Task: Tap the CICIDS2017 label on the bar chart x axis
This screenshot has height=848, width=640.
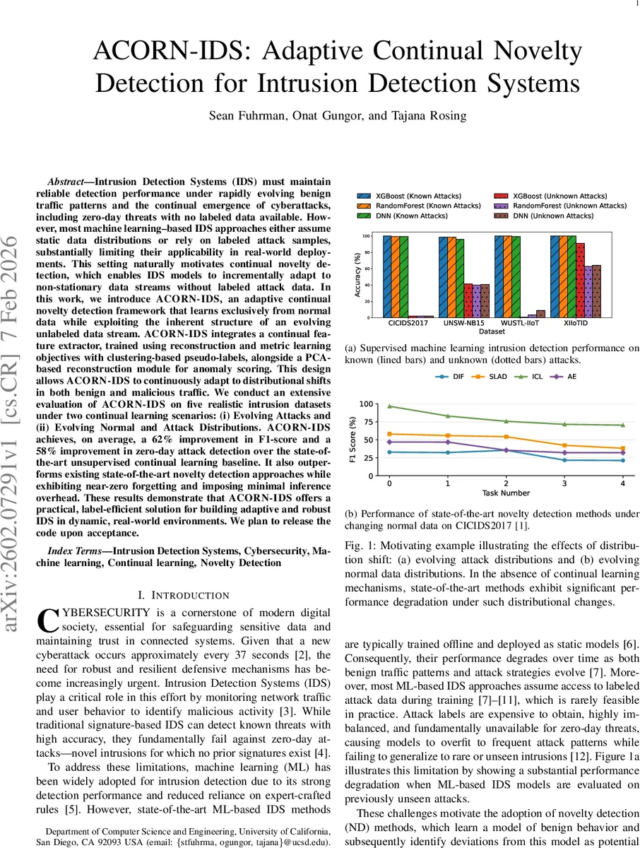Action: pyautogui.click(x=406, y=322)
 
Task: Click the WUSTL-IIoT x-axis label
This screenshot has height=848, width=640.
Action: pyautogui.click(x=518, y=322)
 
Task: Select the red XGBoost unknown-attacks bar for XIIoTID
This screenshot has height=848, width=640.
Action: pyautogui.click(x=580, y=280)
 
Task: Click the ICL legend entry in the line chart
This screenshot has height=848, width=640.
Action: pyautogui.click(x=533, y=377)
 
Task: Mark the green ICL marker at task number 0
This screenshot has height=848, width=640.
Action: pyautogui.click(x=389, y=406)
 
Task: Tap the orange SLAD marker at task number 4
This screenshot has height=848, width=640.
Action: pyautogui.click(x=622, y=448)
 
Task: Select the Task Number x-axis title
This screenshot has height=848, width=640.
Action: pyautogui.click(x=505, y=493)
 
